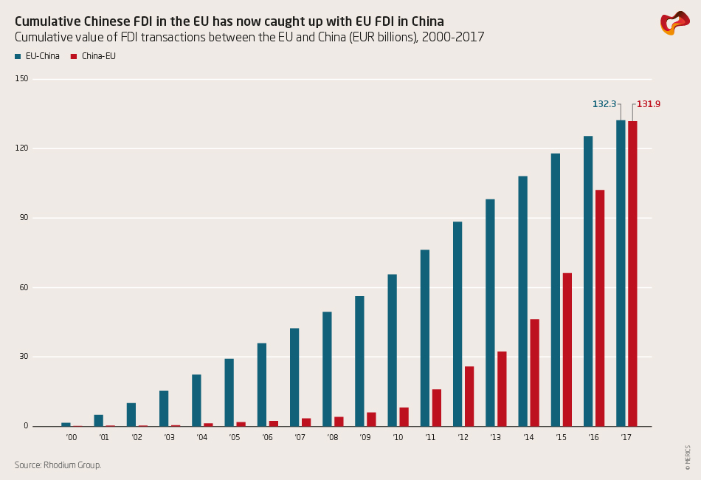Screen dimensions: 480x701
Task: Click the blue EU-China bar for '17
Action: click(x=621, y=273)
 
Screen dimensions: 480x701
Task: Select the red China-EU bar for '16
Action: click(x=600, y=308)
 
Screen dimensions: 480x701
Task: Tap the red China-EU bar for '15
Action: click(x=567, y=349)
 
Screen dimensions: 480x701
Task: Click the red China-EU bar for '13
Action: click(x=502, y=388)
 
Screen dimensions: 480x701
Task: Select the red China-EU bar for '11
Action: click(x=437, y=408)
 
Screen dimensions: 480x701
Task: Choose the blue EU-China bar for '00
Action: click(x=66, y=425)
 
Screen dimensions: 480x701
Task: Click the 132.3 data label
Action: click(x=604, y=104)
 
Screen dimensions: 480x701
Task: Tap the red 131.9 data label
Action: click(x=649, y=104)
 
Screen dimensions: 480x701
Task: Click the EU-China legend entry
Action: click(x=37, y=56)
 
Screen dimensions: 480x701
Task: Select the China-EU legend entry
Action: click(x=94, y=56)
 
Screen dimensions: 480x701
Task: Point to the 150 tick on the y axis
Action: click(x=21, y=78)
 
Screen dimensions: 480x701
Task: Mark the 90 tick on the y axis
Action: click(x=24, y=218)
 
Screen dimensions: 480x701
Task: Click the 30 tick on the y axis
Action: click(x=24, y=357)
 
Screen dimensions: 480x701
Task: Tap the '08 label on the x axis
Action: click(x=332, y=438)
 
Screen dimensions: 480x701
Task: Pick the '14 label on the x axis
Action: click(x=528, y=438)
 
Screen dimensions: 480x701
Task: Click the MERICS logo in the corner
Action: click(x=674, y=23)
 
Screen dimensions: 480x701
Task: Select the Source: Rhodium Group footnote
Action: click(x=58, y=465)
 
